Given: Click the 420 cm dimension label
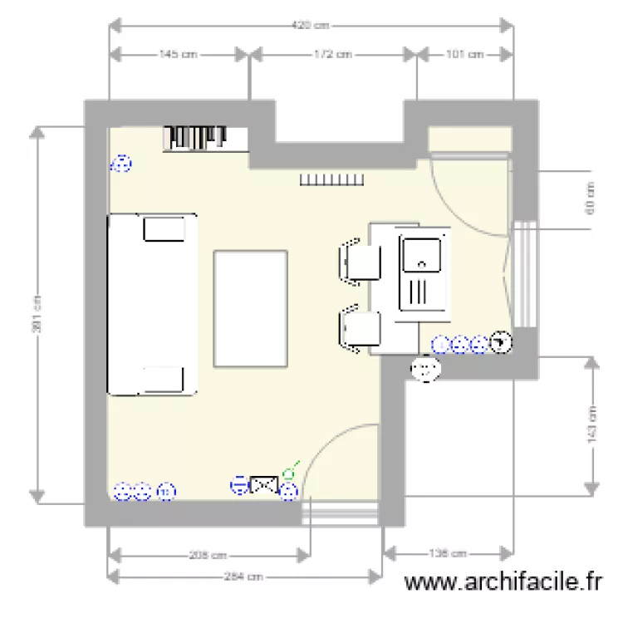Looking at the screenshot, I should tap(311, 26).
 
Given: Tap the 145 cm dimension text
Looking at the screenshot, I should tap(179, 55).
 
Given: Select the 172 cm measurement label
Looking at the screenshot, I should tap(332, 55).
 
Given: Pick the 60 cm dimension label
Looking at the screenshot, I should tap(591, 198).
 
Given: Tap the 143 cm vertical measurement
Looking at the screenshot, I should tap(592, 424).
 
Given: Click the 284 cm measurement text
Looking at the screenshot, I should tap(245, 576).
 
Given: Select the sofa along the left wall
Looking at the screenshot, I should tap(152, 304).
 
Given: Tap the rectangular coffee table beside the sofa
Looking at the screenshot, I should tap(251, 308).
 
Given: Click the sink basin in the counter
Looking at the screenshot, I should tap(423, 254).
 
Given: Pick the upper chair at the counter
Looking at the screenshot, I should tap(361, 262).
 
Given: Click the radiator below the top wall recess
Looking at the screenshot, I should tap(331, 180).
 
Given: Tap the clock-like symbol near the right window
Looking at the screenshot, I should tap(501, 342).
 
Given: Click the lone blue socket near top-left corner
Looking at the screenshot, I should tap(121, 164).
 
